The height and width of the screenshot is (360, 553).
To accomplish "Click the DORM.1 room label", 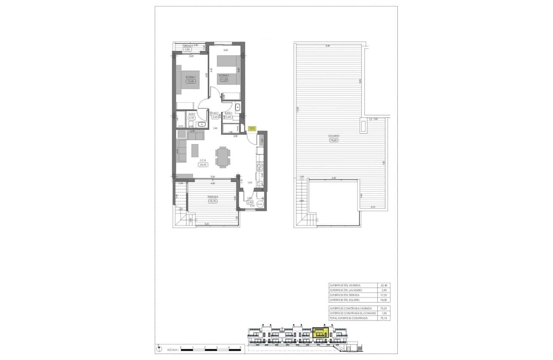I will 190,77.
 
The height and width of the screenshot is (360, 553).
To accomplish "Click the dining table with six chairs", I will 222,157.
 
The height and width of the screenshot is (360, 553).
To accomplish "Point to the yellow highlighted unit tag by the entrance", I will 252,128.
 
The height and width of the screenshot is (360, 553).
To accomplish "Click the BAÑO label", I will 228,113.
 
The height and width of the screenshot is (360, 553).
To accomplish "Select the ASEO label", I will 192,114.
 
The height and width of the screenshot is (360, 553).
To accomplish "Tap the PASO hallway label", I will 215,113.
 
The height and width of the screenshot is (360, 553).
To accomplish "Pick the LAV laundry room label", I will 249,198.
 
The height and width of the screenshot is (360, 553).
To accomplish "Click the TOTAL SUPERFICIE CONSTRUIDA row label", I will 348,318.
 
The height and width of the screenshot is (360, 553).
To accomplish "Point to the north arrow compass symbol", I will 158,348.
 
